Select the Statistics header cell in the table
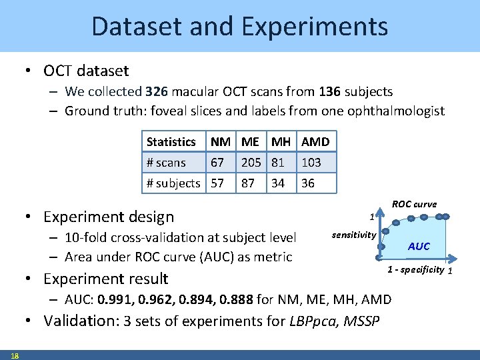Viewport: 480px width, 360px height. click(x=171, y=141)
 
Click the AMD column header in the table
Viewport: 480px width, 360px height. click(x=315, y=141)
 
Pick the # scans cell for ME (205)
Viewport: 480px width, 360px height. click(x=251, y=162)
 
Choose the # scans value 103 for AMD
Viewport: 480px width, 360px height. click(x=311, y=162)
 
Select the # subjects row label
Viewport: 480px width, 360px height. click(x=173, y=183)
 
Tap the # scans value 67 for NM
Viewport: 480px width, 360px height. click(x=217, y=162)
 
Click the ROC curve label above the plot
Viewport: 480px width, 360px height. click(x=414, y=204)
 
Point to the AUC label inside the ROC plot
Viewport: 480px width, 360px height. click(x=419, y=246)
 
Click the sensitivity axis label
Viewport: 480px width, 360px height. click(x=354, y=235)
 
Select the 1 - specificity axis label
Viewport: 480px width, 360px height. click(x=416, y=269)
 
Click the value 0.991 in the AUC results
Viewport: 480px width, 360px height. click(x=114, y=299)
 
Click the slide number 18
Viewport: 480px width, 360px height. click(x=15, y=355)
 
